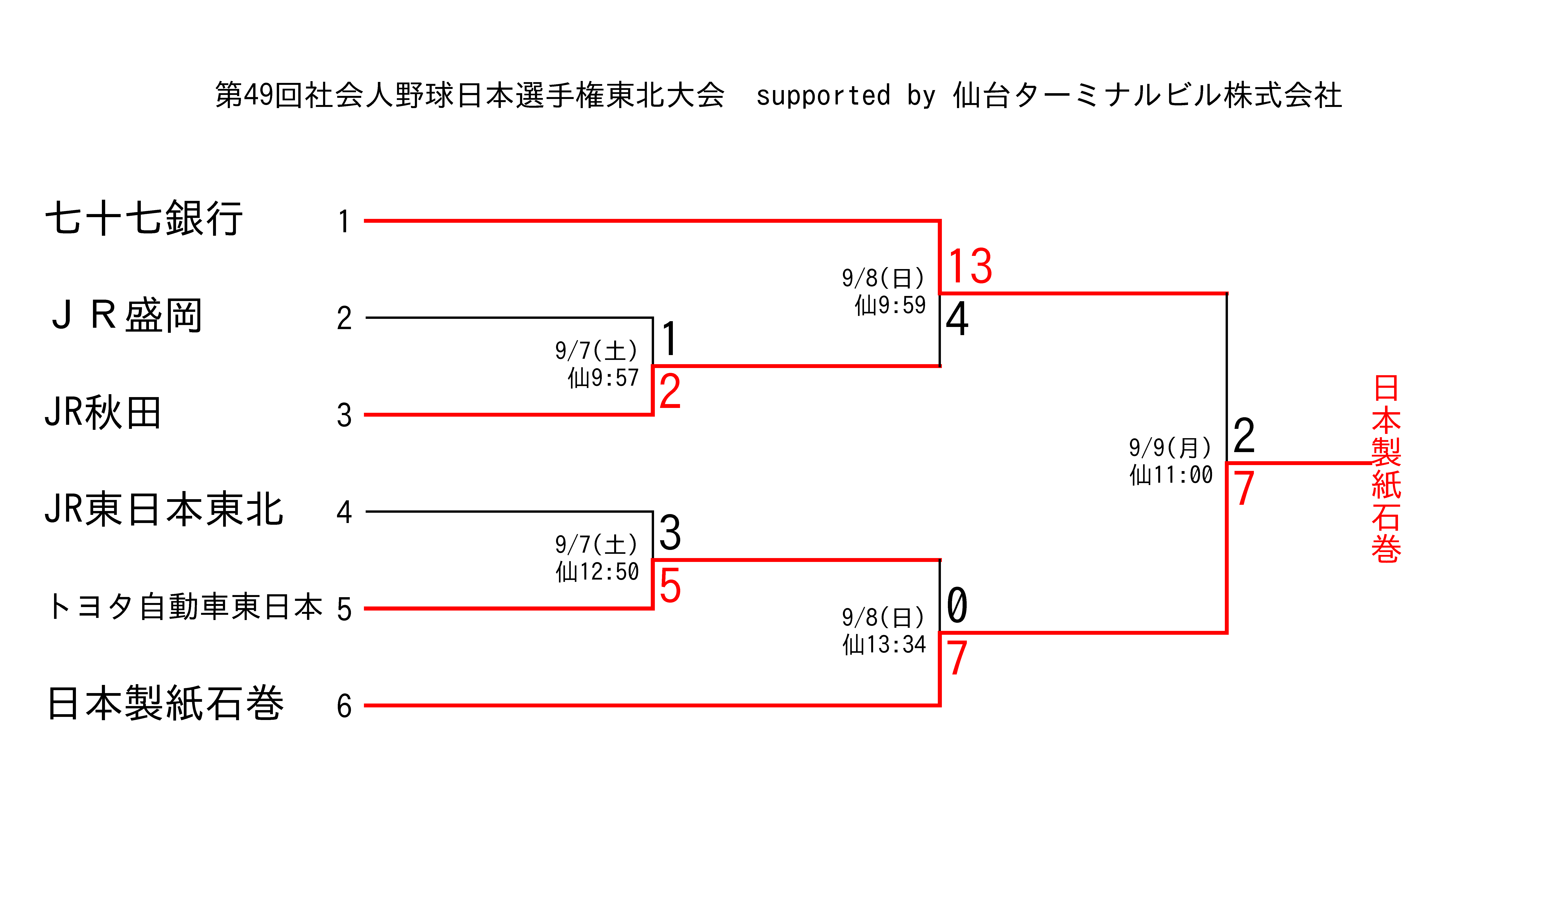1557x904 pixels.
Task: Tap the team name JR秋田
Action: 103,412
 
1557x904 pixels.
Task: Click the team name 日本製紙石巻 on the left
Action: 166,703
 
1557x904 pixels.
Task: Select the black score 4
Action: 957,319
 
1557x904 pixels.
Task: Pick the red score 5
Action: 670,585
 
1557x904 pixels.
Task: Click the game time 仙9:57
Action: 603,378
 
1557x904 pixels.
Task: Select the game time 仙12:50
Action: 597,572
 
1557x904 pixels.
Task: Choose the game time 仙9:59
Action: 890,305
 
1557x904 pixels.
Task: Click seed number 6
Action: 344,706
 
